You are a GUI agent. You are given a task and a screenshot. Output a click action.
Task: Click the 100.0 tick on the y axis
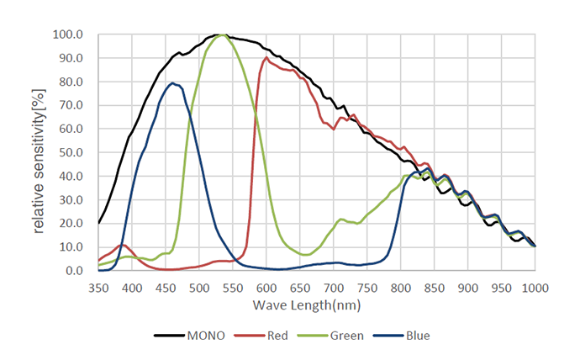tap(68, 35)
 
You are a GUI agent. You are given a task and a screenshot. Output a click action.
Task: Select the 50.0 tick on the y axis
tap(71, 153)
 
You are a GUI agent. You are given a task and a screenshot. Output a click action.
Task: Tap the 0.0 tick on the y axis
tap(74, 271)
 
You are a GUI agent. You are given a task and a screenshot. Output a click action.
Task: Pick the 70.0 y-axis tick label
tap(71, 106)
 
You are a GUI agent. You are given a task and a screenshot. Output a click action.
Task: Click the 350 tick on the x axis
tap(98, 286)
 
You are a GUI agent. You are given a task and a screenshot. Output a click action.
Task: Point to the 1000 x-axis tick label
tap(535, 286)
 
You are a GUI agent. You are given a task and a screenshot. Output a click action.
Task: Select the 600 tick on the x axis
tap(266, 286)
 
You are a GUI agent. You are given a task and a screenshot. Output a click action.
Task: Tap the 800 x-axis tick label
tap(401, 286)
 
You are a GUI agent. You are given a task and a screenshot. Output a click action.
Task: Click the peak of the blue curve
tap(172, 82)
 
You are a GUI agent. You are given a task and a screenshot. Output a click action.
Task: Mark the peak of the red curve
tap(266, 58)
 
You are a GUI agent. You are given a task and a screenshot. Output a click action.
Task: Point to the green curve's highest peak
tap(222, 35)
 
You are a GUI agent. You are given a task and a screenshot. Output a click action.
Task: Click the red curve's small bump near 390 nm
tap(124, 245)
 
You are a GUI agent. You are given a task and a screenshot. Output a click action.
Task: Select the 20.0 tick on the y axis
tap(71, 224)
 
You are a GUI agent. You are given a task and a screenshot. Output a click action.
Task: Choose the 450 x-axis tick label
tap(166, 286)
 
